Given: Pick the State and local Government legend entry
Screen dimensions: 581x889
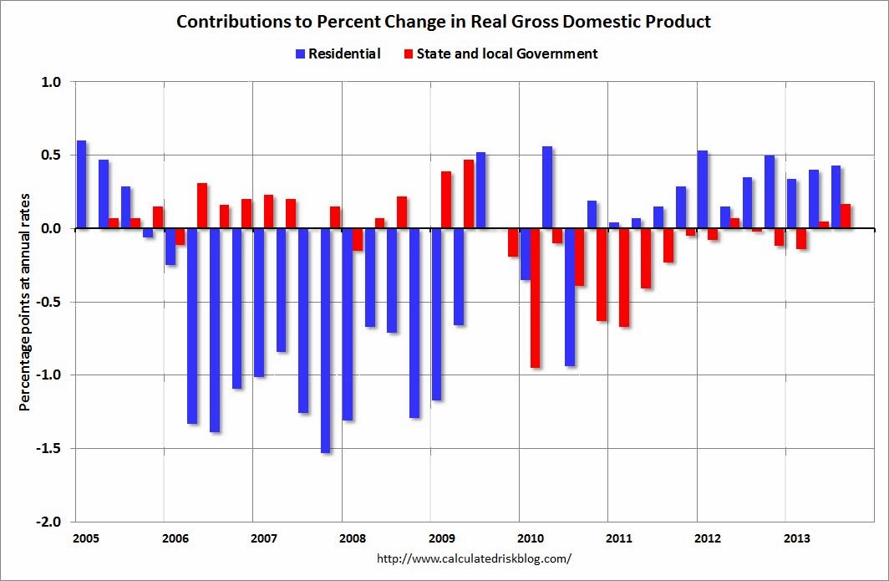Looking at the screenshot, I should click(x=500, y=54).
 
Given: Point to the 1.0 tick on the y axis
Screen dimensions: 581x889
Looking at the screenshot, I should click(x=52, y=82).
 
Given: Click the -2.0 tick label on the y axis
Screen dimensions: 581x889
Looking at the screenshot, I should click(x=49, y=522).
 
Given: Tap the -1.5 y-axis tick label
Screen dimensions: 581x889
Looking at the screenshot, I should click(x=49, y=448).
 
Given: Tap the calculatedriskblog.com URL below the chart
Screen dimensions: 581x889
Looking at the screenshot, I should click(x=474, y=558).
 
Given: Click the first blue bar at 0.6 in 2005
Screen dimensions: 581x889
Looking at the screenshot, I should click(x=81, y=184).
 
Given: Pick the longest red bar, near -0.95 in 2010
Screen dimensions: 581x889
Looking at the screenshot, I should click(x=535, y=298).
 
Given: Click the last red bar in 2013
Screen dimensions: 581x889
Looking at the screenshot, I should click(x=846, y=217).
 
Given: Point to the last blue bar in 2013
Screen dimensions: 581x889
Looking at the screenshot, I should click(x=836, y=197).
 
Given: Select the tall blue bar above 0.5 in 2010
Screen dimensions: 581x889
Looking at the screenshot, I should click(x=547, y=187).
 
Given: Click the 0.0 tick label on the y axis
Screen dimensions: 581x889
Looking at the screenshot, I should click(x=52, y=228).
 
